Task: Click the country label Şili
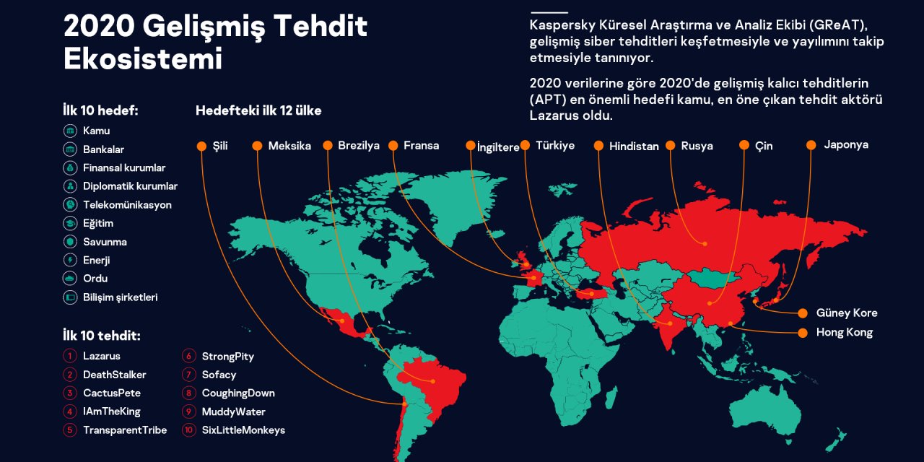[x=220, y=146]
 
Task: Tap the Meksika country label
[x=289, y=146]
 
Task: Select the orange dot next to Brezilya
[x=327, y=146]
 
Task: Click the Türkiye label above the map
[x=555, y=146]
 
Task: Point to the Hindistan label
[x=634, y=147]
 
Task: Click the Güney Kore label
[x=847, y=313]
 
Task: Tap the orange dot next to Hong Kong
[x=802, y=333]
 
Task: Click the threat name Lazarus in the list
[x=102, y=356]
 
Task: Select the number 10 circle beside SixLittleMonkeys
[x=189, y=430]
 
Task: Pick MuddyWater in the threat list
[x=234, y=412]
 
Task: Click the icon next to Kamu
[x=70, y=131]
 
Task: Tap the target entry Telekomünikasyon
[x=127, y=205]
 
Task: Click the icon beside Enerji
[x=70, y=260]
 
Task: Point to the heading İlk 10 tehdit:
[x=102, y=336]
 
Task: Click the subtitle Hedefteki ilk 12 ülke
[x=258, y=111]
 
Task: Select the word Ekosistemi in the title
[x=143, y=59]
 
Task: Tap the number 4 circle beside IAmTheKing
[x=70, y=411]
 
